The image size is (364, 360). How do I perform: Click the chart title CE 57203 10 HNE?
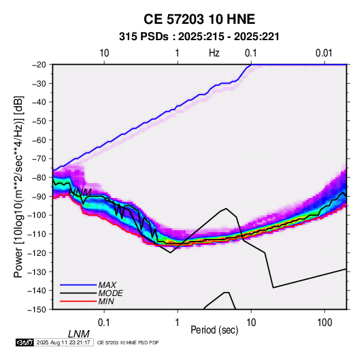[199, 19]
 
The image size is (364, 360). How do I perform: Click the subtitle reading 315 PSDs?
[144, 37]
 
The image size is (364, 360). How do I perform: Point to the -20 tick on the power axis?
[39, 65]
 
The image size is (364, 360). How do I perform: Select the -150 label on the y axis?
[37, 310]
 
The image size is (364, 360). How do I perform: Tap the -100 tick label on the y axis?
[37, 215]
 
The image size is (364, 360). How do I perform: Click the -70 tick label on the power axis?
[39, 159]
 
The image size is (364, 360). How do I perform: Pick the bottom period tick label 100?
[325, 323]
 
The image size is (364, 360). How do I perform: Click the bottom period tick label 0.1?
[104, 323]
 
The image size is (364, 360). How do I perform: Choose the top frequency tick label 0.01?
[324, 53]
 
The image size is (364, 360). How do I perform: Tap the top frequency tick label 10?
[104, 53]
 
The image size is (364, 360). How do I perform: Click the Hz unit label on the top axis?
[214, 53]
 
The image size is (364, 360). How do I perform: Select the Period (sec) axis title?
[214, 330]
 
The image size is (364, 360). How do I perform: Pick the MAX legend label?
[107, 284]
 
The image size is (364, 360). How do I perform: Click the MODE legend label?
[110, 293]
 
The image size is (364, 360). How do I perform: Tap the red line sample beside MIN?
[78, 301]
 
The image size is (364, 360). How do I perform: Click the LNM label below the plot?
[79, 334]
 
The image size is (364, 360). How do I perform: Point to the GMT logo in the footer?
[25, 342]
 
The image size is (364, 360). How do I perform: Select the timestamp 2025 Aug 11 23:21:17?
[63, 342]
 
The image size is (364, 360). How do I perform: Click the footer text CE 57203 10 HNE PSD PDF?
[128, 342]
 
